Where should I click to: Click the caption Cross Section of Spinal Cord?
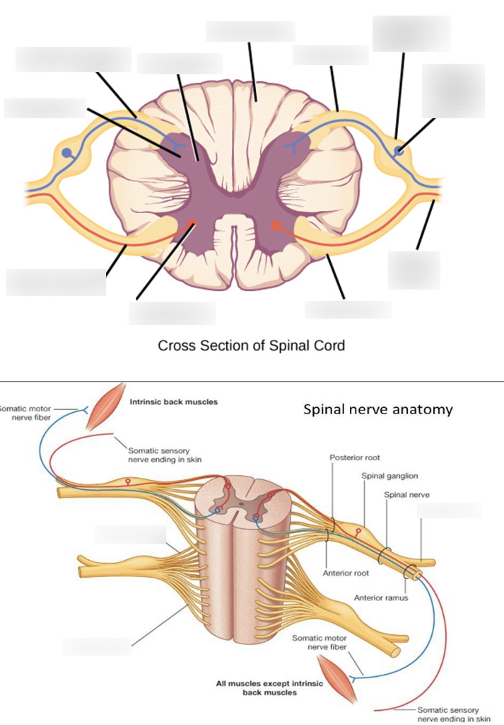[x=251, y=346]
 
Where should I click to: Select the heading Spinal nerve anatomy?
[x=377, y=409]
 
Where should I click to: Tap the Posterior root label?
[x=355, y=458]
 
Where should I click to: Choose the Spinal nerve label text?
[x=406, y=494]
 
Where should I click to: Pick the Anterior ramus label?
[x=380, y=597]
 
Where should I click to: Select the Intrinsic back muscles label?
[x=174, y=402]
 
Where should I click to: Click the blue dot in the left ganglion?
[x=66, y=152]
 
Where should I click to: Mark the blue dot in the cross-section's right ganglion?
[x=399, y=149]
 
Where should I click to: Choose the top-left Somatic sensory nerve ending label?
[x=165, y=454]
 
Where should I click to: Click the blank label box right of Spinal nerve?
[x=450, y=510]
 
